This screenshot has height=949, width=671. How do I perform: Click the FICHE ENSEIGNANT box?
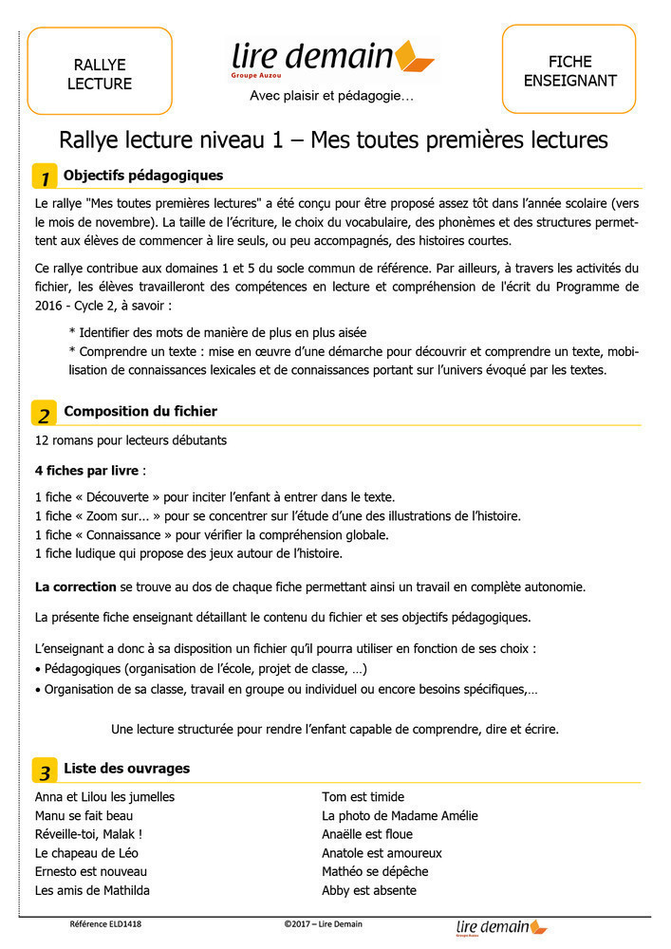[568, 70]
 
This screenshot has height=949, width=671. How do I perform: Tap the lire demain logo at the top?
[332, 59]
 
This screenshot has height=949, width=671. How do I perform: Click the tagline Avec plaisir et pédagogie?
[331, 96]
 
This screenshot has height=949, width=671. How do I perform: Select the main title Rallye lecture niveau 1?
[333, 140]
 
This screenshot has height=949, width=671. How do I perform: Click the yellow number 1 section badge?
[44, 177]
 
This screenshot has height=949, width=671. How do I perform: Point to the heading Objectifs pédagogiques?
[143, 176]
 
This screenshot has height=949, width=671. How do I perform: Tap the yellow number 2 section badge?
[44, 413]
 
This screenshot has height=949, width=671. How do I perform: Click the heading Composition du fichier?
[140, 411]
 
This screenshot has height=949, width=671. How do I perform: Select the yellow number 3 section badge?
[44, 770]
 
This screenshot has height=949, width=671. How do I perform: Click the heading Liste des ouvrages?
[126, 768]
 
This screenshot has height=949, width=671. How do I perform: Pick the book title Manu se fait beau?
[84, 815]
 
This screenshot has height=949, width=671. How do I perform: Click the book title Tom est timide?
[363, 797]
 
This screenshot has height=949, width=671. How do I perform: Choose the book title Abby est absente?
[369, 890]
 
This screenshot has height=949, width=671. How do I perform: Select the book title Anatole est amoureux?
[382, 853]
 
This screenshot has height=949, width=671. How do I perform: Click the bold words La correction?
[75, 586]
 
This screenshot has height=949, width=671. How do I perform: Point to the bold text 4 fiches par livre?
[86, 471]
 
